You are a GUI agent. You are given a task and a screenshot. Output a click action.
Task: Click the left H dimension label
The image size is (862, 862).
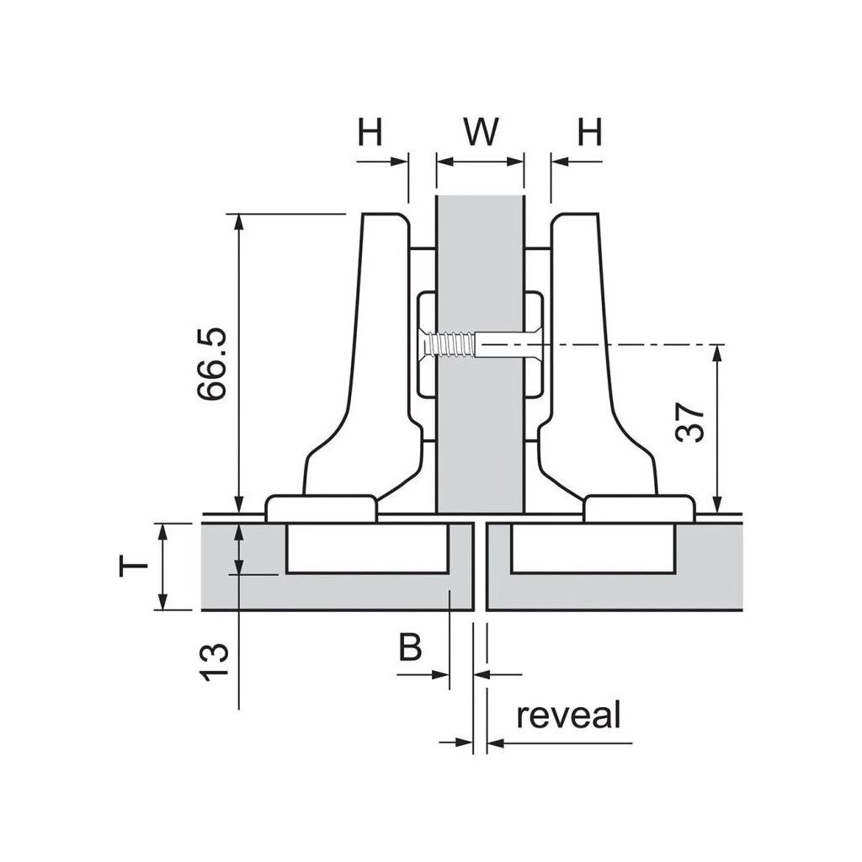370,131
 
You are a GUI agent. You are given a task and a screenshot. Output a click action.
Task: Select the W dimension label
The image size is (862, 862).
480,131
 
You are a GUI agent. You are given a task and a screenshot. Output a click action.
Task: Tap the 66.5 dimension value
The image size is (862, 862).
211,364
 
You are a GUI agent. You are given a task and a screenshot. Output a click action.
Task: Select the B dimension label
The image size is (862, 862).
410,647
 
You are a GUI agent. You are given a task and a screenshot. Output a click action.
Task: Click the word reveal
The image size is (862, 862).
569,716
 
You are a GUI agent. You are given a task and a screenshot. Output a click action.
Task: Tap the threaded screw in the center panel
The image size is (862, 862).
450,344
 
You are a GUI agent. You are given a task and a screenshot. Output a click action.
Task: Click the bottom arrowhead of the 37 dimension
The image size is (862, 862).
716,505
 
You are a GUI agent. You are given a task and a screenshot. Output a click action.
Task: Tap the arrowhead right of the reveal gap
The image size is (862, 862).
496,742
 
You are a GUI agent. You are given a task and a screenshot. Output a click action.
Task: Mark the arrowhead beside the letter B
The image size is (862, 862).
441,673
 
